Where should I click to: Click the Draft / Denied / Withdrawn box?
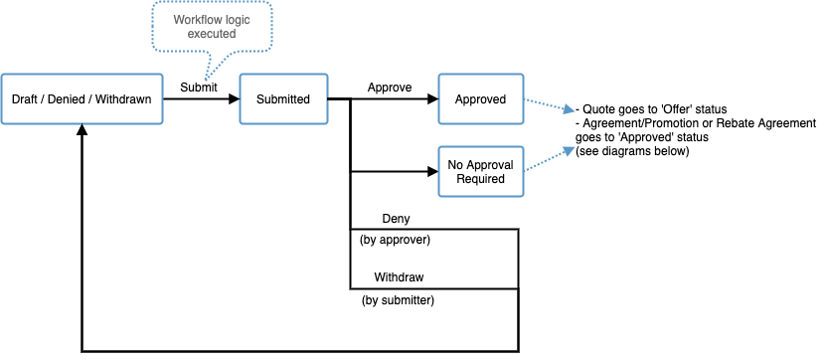[81, 99]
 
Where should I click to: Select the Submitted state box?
[283, 99]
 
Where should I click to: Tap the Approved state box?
[480, 99]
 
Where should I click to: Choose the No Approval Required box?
[480, 172]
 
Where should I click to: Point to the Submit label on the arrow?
[198, 88]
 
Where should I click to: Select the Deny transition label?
[396, 219]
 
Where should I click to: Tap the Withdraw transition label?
[400, 277]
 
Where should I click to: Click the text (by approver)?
[395, 241]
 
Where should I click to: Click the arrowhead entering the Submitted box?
[234, 99]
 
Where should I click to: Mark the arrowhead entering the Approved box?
[432, 99]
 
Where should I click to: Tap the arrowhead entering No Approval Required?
[432, 172]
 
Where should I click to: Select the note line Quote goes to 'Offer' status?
[652, 108]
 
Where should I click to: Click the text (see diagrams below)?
[632, 151]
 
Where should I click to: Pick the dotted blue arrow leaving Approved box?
[547, 103]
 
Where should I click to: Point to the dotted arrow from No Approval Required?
[547, 159]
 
